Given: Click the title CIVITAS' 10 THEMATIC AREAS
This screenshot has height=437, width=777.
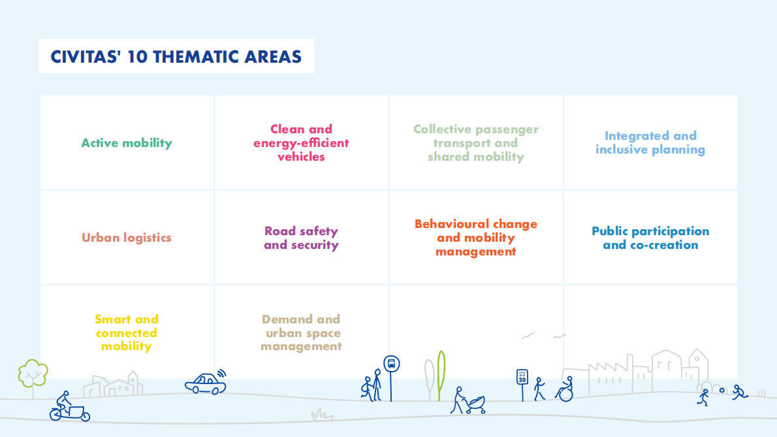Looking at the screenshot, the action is tap(176, 56).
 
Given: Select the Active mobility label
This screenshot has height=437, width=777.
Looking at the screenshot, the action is tap(127, 143).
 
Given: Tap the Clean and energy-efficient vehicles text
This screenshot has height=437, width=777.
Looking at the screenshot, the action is tap(301, 142).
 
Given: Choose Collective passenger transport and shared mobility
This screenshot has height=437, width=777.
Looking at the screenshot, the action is tap(476, 142).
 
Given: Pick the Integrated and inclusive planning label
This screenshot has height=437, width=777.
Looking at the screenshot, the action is tap(650, 142).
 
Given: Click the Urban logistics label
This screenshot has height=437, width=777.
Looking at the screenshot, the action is tap(127, 238).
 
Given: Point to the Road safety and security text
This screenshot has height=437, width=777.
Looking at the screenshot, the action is tap(301, 238).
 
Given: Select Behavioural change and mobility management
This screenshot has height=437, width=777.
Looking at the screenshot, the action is tap(476, 238).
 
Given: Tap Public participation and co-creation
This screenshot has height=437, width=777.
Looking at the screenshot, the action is tap(650, 238).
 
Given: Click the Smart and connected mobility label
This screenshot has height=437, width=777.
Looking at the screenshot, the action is tap(127, 332).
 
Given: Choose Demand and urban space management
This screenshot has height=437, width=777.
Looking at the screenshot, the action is tap(301, 332).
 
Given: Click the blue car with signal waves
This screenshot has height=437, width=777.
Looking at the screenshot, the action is tap(206, 383).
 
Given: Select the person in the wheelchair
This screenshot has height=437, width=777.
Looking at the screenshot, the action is tap(565, 389).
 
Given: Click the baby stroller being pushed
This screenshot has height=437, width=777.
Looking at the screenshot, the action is tap(476, 404).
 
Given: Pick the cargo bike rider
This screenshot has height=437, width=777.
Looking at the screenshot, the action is tap(69, 407).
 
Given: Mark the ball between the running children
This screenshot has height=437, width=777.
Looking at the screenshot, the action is tap(722, 391).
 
